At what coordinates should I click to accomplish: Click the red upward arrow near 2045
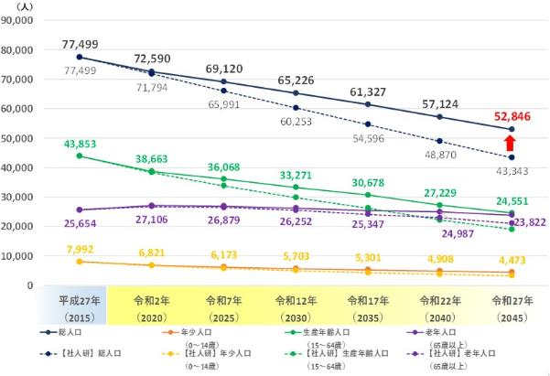pyautogui.click(x=511, y=142)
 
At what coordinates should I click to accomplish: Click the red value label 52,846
pyautogui.click(x=510, y=115)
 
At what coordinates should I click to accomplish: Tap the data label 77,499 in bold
pyautogui.click(x=80, y=44)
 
